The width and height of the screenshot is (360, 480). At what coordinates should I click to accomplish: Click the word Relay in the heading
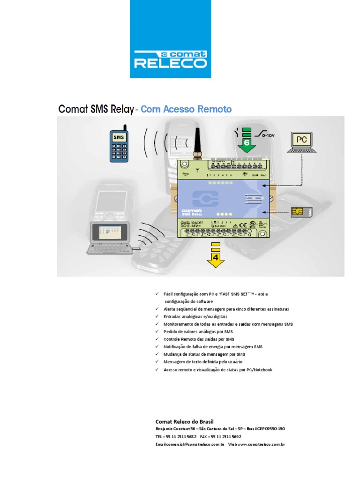pyautogui.click(x=119, y=110)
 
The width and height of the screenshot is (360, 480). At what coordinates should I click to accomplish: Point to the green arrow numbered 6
pyautogui.click(x=247, y=139)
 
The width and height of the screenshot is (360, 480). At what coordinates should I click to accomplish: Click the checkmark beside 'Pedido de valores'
pyautogui.click(x=157, y=331)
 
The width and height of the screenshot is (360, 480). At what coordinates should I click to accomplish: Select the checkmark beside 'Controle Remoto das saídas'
pyautogui.click(x=157, y=339)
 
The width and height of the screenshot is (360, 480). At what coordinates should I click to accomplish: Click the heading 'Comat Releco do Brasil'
pyautogui.click(x=184, y=421)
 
